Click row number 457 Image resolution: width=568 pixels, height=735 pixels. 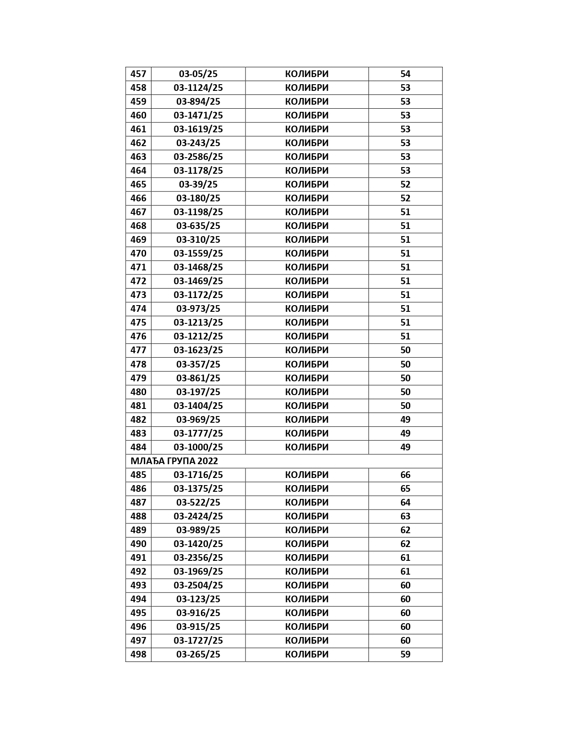pyautogui.click(x=138, y=74)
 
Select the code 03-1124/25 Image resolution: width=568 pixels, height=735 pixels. pyautogui.click(x=198, y=88)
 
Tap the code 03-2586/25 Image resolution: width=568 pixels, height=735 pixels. pyautogui.click(x=198, y=157)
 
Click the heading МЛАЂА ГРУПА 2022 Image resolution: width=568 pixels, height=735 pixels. pyautogui.click(x=174, y=461)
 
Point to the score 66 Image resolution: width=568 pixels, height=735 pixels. pyautogui.click(x=405, y=475)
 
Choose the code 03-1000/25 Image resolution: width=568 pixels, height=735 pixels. pyautogui.click(x=198, y=447)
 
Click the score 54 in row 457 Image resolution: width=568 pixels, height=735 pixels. pyautogui.click(x=405, y=74)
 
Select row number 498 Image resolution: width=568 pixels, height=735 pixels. pyautogui.click(x=138, y=654)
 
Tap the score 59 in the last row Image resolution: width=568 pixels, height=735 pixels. pyautogui.click(x=405, y=654)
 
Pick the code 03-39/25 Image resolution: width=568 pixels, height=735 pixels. pyautogui.click(x=198, y=184)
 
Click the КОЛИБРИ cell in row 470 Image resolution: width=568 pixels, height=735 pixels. pyautogui.click(x=306, y=253)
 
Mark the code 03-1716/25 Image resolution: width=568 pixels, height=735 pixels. pyautogui.click(x=198, y=475)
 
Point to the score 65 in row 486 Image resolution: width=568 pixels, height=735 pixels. pyautogui.click(x=405, y=489)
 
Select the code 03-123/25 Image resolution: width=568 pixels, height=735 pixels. pyautogui.click(x=198, y=599)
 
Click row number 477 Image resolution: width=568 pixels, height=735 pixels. pyautogui.click(x=138, y=350)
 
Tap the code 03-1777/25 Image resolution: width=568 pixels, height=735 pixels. pyautogui.click(x=198, y=433)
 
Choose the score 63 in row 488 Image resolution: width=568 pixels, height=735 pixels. pyautogui.click(x=405, y=516)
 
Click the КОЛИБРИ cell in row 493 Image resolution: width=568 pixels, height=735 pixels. pyautogui.click(x=306, y=585)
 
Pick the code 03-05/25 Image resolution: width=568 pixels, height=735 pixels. pyautogui.click(x=198, y=74)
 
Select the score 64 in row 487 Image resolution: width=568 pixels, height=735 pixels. pyautogui.click(x=405, y=502)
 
